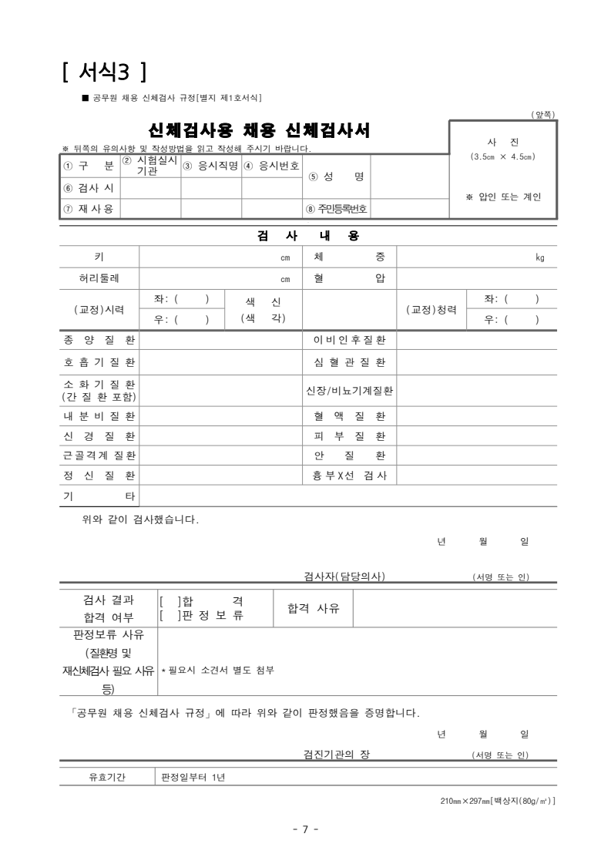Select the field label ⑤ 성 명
pos(336,176)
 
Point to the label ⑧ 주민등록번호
pos(337,208)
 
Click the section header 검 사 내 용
pos(307,235)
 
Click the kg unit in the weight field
pos(539,257)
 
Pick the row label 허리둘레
pos(99,279)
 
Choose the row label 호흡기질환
pos(99,361)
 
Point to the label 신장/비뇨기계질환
pos(350,391)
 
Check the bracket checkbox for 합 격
pos(169,600)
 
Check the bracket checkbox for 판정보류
pos(169,615)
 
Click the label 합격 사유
pos(313,608)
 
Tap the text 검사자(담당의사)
pos(344,577)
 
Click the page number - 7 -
pos(305,829)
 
